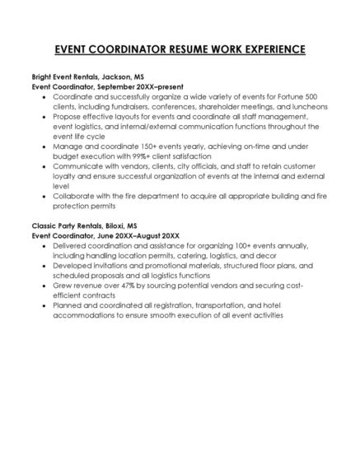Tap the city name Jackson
tap(115, 76)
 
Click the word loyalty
tap(65, 175)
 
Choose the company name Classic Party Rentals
tap(64, 225)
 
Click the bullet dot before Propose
tap(44, 116)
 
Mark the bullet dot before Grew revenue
tap(44, 285)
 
